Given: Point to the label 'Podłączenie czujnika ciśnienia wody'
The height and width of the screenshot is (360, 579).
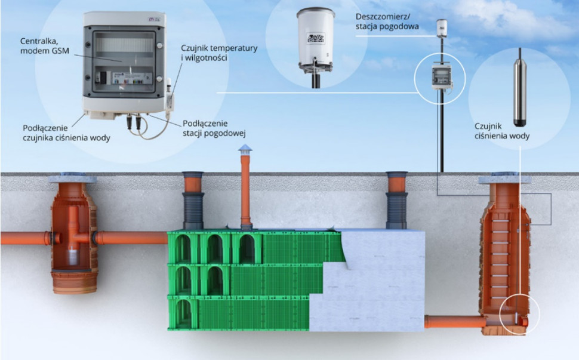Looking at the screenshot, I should click(66, 133).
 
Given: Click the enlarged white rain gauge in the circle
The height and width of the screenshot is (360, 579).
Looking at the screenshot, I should click(315, 38).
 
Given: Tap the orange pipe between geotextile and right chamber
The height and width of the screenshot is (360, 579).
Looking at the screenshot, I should click(454, 322).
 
